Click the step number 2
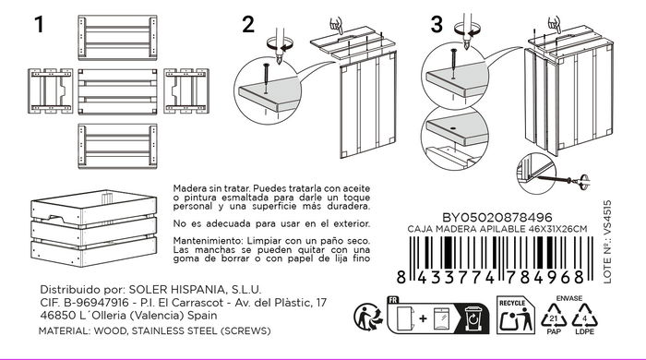pos(247,26)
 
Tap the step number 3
pos(437,26)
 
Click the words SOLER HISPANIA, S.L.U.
pos(197,288)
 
